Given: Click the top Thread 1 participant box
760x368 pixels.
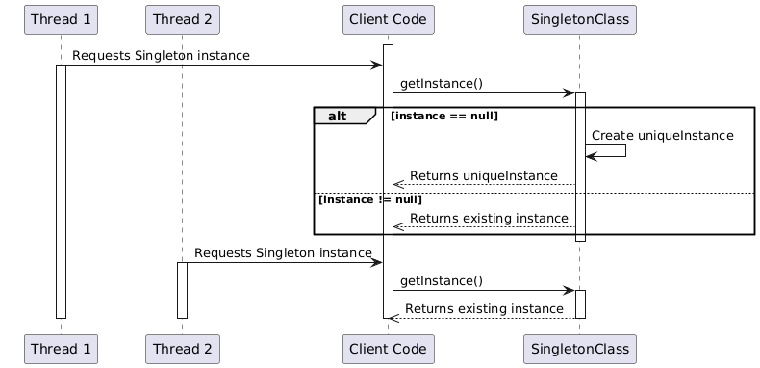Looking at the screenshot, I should point(60,18).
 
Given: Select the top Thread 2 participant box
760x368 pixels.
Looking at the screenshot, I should point(182,18).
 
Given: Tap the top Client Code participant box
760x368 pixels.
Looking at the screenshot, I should point(388,18).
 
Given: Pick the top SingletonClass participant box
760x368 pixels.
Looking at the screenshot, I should point(579,18).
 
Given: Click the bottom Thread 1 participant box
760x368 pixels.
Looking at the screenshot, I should point(60,347).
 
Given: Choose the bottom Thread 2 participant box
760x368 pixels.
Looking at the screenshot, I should point(182,347).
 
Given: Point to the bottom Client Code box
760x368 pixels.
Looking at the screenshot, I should point(388,347).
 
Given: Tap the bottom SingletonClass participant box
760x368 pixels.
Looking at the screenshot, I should point(579,347).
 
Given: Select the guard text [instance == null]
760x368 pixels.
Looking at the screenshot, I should point(444,117).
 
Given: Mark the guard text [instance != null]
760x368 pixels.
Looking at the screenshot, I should point(369,199).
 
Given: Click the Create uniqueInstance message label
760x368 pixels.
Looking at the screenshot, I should point(663,136).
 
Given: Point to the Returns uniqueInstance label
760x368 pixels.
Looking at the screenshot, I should point(483,176).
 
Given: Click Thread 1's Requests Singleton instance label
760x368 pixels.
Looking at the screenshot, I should point(161,56).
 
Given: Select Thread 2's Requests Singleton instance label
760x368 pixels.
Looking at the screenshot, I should point(283,252).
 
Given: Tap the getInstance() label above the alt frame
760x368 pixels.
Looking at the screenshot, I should point(441,84).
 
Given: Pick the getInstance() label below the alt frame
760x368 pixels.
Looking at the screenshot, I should point(441,280).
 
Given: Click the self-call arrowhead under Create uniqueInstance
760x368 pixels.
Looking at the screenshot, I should point(591,157).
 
